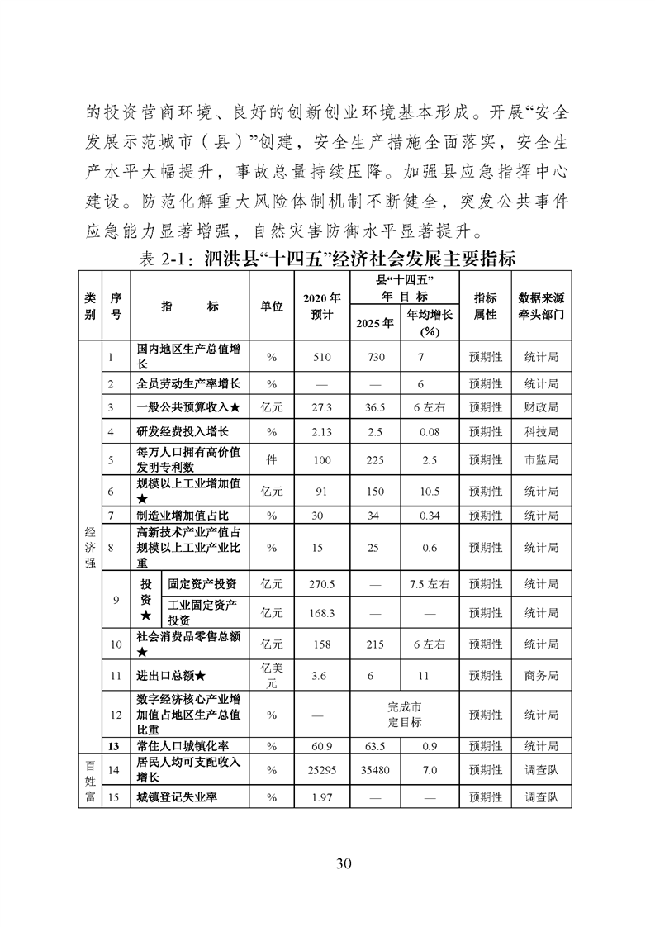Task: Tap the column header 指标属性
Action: click(x=485, y=306)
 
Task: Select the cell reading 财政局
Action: click(x=541, y=407)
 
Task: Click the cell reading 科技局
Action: click(x=541, y=432)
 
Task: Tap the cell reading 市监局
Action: click(x=541, y=459)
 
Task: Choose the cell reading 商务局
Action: click(x=541, y=675)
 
